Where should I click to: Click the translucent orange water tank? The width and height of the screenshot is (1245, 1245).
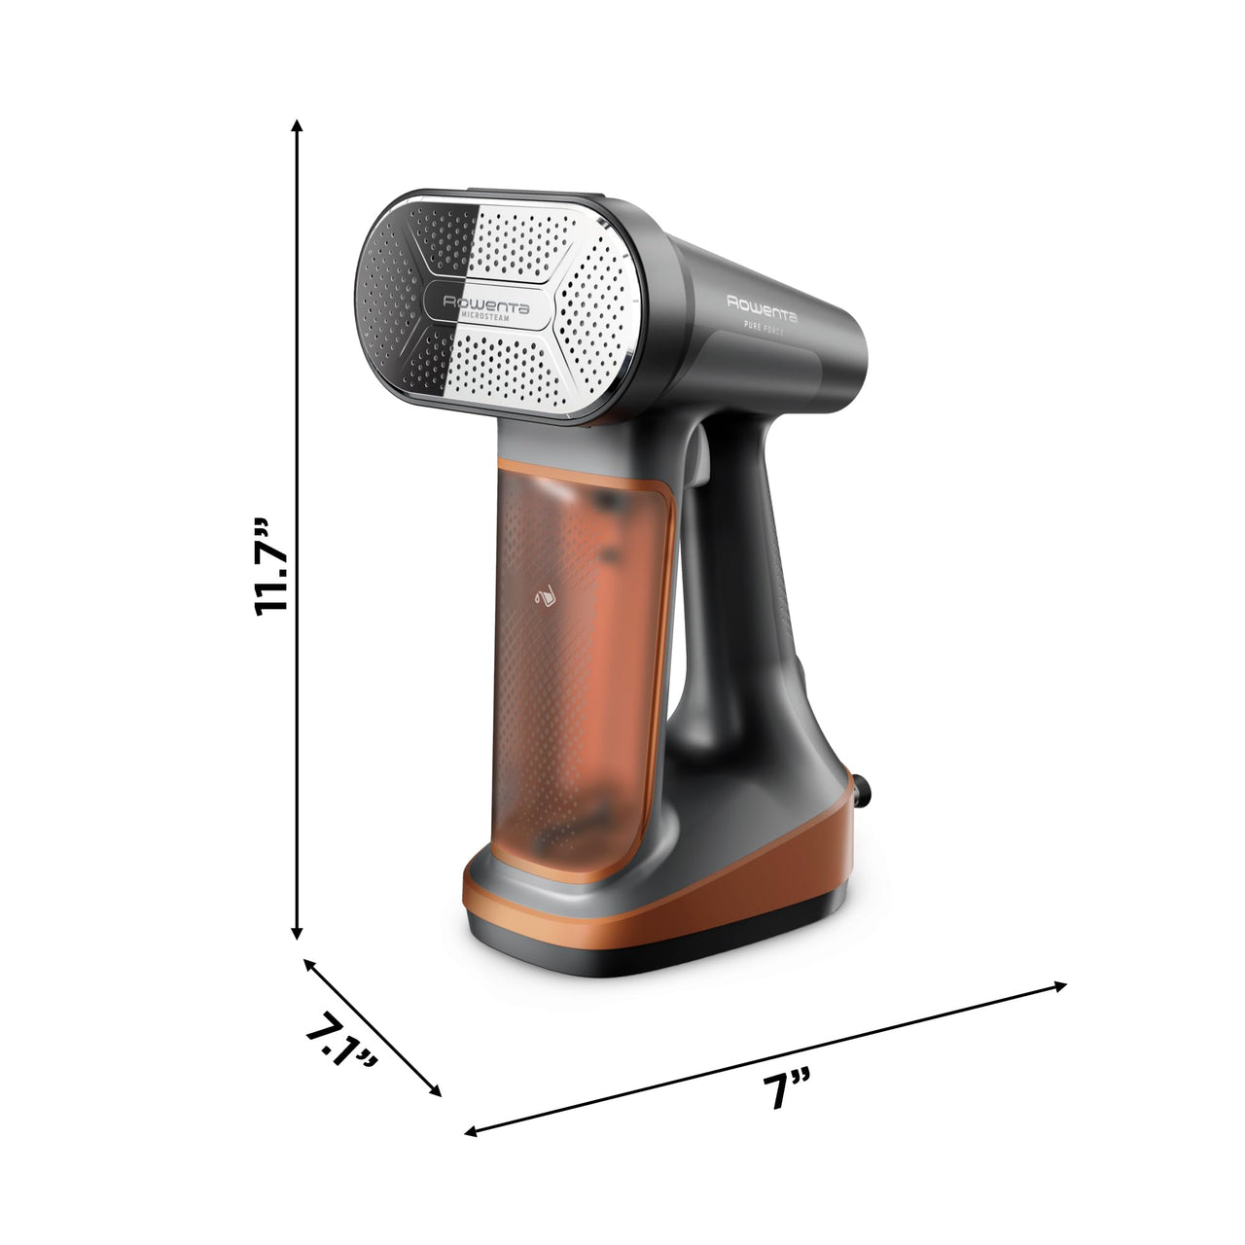tap(574, 661)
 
